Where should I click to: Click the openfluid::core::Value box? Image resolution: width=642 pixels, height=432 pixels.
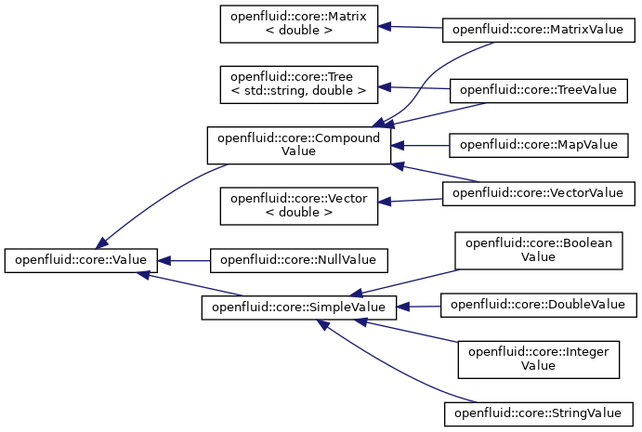(x=81, y=260)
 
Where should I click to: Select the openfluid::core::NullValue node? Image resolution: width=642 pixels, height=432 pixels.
(x=299, y=260)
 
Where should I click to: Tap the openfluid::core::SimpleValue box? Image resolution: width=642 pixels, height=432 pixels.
(x=299, y=308)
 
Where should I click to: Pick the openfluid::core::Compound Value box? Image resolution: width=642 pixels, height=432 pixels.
(x=299, y=145)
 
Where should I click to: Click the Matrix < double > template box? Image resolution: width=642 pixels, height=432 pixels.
(x=299, y=24)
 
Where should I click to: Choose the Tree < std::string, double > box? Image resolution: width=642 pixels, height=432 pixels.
(x=299, y=85)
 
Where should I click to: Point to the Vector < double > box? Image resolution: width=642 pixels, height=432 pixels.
(x=299, y=206)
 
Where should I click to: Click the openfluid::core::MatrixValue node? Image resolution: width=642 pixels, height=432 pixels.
(x=539, y=30)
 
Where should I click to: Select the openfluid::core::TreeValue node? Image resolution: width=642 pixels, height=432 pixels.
(x=539, y=90)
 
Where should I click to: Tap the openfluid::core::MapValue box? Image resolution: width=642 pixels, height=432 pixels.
(x=539, y=145)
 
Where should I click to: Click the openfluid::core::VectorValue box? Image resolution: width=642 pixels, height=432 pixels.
(x=539, y=193)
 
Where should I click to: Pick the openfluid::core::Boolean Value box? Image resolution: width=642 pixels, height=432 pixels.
(x=539, y=251)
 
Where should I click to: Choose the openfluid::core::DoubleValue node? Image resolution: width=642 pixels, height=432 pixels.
(x=539, y=305)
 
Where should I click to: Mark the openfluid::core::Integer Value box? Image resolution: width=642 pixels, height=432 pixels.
(x=539, y=360)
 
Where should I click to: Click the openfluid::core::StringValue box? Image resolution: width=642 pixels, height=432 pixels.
(x=539, y=414)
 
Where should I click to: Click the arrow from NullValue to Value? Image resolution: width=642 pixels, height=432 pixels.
(x=184, y=261)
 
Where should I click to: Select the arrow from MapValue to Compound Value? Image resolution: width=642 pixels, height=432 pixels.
(x=420, y=145)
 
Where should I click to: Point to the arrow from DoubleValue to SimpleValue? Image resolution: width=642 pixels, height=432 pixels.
(x=418, y=307)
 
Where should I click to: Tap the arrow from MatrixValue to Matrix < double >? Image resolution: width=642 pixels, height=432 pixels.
(x=410, y=27)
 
